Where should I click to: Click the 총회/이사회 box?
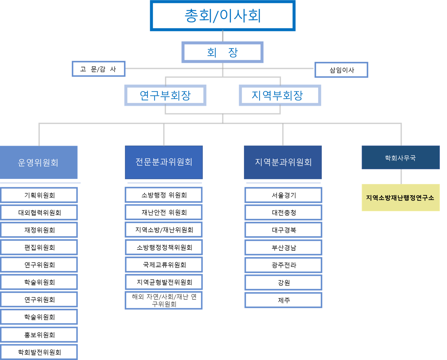(222, 16)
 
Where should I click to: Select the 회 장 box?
(222, 52)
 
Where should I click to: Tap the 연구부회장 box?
(165, 95)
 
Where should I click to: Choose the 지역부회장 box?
(280, 95)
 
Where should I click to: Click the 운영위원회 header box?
(39, 162)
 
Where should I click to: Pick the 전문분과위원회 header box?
(164, 162)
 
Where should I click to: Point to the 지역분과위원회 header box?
(283, 162)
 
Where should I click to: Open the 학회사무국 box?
(401, 158)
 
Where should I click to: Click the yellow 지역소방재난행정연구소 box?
(401, 198)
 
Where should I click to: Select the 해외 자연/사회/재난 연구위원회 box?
(164, 300)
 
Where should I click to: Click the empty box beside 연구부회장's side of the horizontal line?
(99, 69)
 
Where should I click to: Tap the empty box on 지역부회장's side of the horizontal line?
(341, 70)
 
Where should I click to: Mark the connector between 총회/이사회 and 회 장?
(223, 36)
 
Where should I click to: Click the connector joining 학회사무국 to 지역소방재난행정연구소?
(401, 177)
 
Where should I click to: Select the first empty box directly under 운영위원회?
(39, 195)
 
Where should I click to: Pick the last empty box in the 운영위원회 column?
(39, 352)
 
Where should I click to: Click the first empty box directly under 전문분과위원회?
(164, 195)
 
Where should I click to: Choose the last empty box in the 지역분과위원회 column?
(283, 300)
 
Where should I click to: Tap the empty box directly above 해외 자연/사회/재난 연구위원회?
(164, 282)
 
